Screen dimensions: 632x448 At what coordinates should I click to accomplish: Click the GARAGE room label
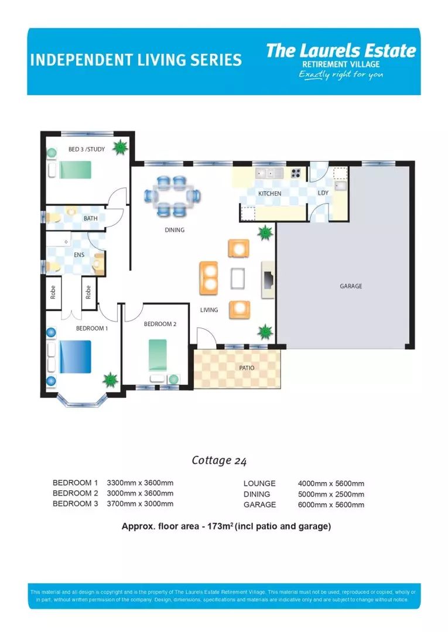(351, 286)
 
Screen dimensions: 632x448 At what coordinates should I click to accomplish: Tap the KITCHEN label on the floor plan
(269, 194)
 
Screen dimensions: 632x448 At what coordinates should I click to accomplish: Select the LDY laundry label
(323, 193)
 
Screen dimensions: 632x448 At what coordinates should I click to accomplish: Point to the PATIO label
(246, 368)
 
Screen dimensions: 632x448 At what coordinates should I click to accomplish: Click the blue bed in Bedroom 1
(75, 357)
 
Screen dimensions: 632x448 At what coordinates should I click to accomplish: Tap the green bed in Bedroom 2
(158, 355)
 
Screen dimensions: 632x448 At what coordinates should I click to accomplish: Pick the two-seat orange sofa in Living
(209, 278)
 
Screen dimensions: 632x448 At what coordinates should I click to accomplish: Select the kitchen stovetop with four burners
(296, 173)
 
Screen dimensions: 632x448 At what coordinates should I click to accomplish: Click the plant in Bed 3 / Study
(120, 147)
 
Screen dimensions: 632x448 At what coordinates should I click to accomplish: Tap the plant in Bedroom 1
(110, 380)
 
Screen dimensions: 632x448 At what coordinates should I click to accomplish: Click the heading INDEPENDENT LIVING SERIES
(135, 60)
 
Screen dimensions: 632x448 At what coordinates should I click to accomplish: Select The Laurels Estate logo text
(341, 51)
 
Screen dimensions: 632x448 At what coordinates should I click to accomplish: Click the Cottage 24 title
(219, 461)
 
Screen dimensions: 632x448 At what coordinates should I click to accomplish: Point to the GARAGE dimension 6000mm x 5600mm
(331, 504)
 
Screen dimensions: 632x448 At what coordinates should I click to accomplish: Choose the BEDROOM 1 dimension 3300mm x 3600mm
(140, 483)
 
